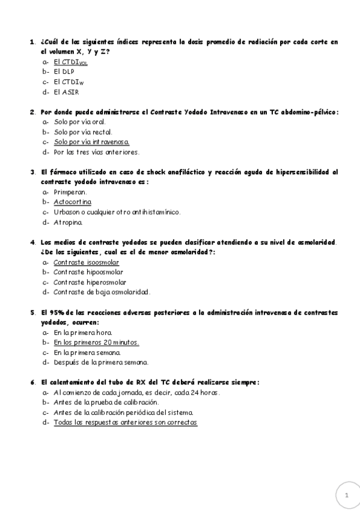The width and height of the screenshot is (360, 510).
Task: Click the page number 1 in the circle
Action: (346, 494)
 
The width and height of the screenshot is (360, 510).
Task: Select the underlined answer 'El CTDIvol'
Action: (70, 62)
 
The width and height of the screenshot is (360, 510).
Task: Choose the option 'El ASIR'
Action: (66, 92)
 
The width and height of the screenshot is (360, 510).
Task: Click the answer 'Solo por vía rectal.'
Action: (83, 132)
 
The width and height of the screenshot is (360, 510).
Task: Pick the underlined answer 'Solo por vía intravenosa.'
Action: (91, 142)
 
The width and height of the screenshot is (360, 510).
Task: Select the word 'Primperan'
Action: (70, 192)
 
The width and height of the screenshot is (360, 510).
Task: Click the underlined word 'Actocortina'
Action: (72, 202)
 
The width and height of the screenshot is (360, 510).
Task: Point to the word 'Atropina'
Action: (68, 222)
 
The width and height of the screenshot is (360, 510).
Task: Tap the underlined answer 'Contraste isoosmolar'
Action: (86, 262)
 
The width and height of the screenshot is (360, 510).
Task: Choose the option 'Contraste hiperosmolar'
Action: (90, 282)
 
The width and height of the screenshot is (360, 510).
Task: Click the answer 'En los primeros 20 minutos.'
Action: (96, 342)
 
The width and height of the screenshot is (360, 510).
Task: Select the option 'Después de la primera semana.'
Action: (100, 362)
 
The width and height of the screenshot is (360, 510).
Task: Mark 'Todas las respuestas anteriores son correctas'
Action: (125, 422)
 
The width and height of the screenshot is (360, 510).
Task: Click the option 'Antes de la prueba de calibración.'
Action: (106, 402)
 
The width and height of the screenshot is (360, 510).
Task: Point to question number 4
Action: (32, 242)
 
